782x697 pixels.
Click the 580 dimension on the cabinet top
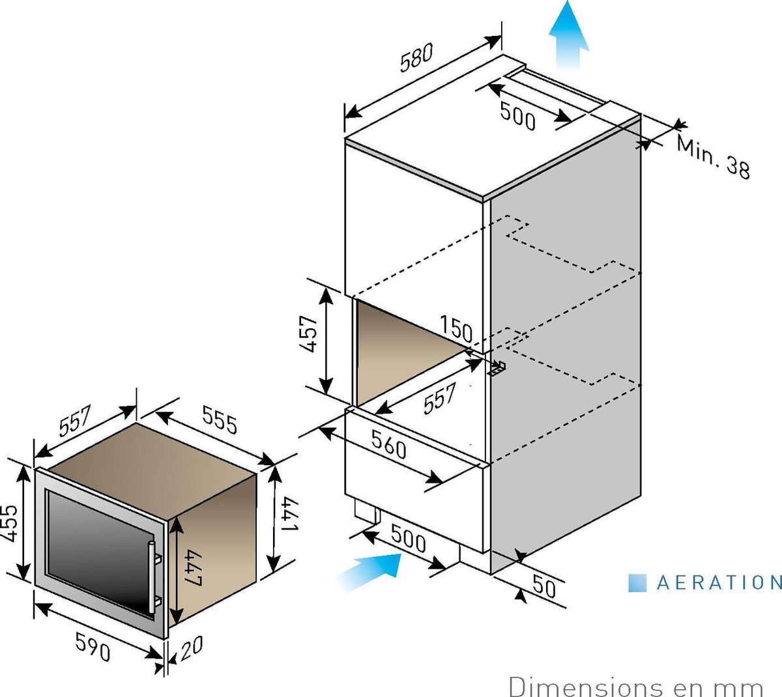point(416,57)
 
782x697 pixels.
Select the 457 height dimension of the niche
point(309,334)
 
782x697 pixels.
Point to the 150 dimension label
point(456,329)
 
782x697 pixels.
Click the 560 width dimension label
point(388,444)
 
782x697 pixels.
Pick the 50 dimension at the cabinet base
point(544,586)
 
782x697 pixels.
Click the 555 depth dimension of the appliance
point(219,420)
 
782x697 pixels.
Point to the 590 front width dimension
point(93,652)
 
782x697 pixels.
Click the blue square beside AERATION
point(637,583)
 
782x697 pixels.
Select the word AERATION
point(719,583)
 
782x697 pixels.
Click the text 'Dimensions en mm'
point(636,687)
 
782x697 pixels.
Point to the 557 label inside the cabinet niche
point(440,399)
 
